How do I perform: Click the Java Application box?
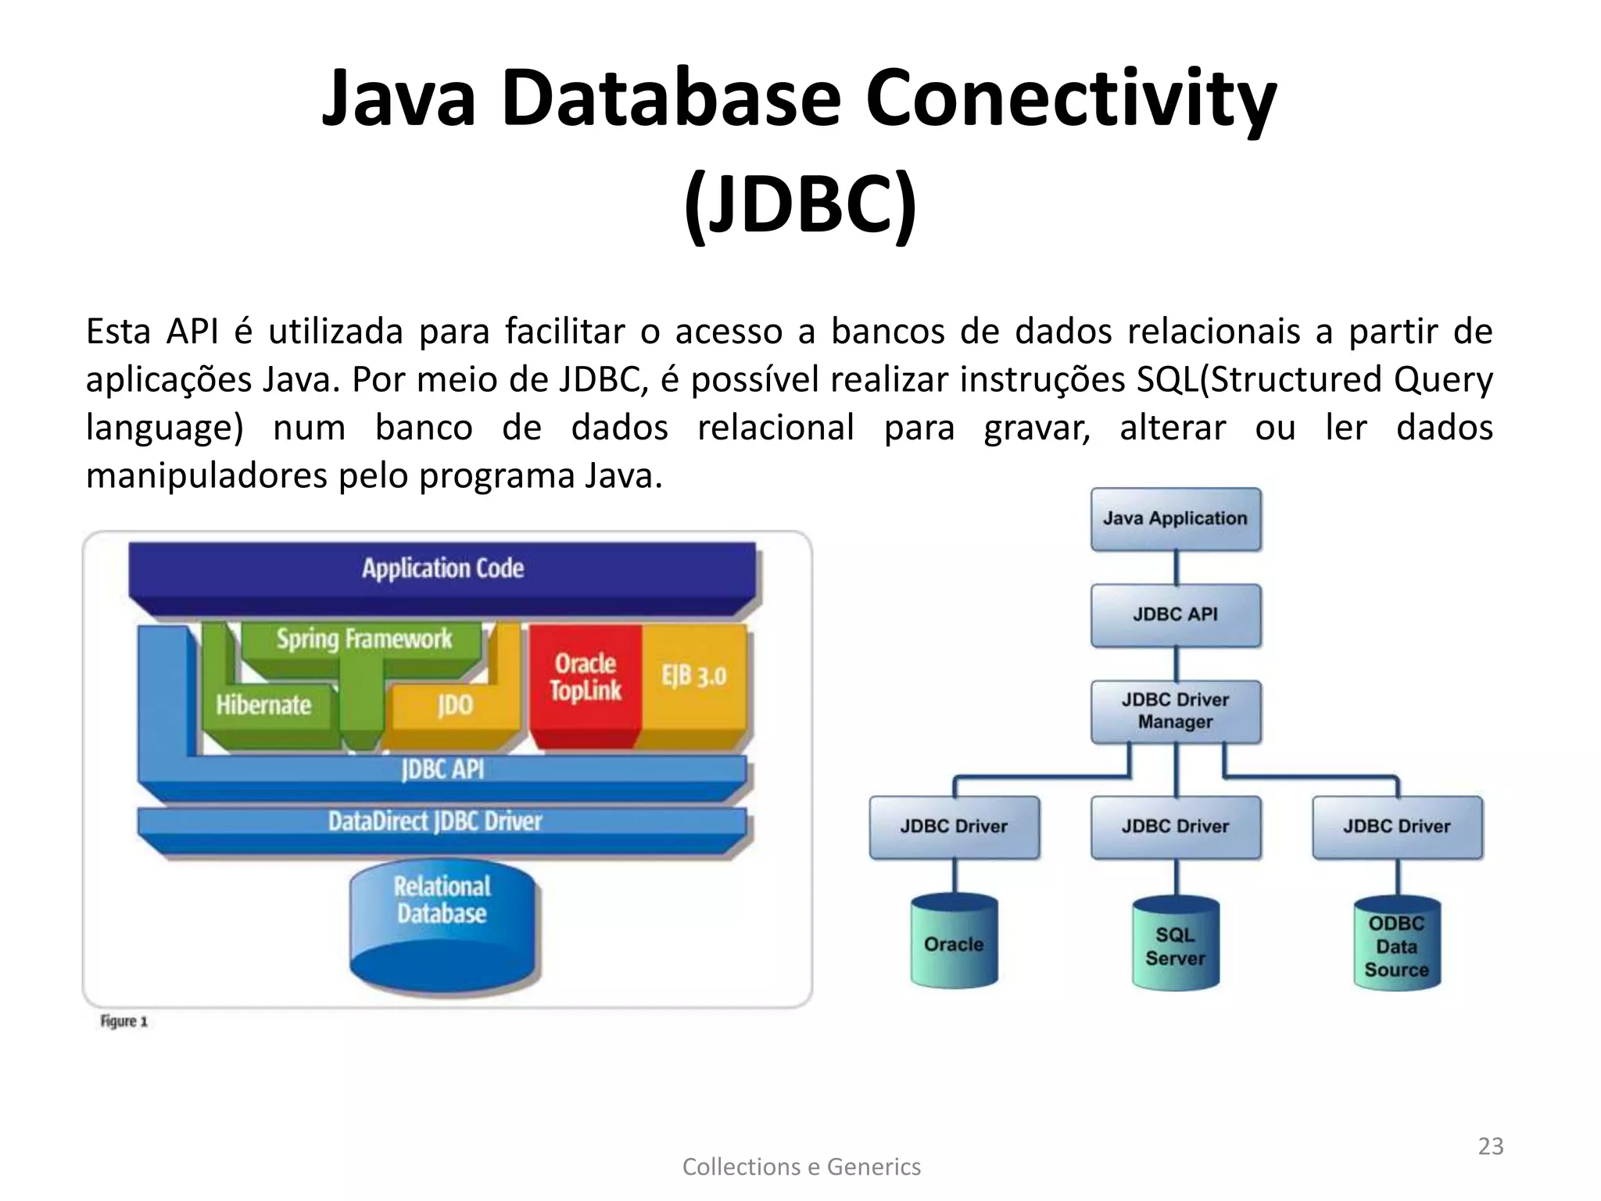pos(1175,519)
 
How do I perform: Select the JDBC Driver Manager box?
pos(1175,711)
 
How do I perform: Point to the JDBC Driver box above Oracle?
pos(954,826)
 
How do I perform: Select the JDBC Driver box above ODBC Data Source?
pos(1397,826)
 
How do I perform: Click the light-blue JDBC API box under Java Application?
pos(1175,615)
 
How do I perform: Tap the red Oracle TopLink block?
pos(585,679)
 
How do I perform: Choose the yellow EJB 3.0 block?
pos(694,676)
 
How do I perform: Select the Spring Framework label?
pos(364,640)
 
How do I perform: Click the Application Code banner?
pos(442,568)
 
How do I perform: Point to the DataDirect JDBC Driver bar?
pos(435,822)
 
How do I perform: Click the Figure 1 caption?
pos(124,1021)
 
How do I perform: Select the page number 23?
pos(1490,1146)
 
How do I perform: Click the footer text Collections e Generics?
pos(801,1167)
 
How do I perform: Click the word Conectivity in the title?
pos(1070,99)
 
